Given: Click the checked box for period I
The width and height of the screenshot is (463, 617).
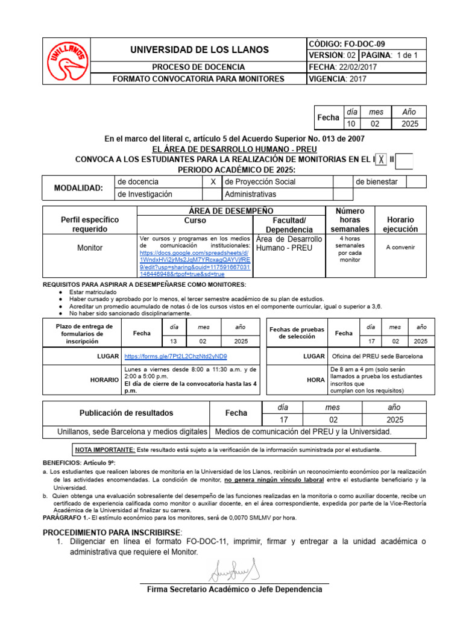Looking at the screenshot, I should click(x=381, y=160).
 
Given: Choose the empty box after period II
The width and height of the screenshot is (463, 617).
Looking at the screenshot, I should click(x=405, y=160).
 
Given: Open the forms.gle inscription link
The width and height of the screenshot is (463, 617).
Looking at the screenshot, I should click(x=175, y=357).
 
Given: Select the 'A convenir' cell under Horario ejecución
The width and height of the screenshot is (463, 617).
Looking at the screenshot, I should click(x=401, y=248).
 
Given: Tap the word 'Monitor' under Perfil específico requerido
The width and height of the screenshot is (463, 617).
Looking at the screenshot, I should click(x=90, y=248).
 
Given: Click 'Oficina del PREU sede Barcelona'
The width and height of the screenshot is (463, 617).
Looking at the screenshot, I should click(x=377, y=357).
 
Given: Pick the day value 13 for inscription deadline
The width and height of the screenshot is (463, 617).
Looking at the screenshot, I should click(x=174, y=341).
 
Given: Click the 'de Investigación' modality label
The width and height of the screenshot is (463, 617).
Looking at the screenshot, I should click(x=145, y=194).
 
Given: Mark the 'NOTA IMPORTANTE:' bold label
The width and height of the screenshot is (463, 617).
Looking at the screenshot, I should click(x=105, y=449).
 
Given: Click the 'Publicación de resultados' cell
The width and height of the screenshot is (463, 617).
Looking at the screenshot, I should click(x=126, y=413).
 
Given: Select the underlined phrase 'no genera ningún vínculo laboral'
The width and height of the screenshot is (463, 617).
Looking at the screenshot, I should click(x=274, y=480).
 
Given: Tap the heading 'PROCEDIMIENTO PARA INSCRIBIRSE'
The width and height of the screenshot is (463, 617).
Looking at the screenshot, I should click(x=112, y=533).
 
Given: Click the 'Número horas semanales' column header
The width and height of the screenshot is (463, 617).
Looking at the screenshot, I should click(x=350, y=220).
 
